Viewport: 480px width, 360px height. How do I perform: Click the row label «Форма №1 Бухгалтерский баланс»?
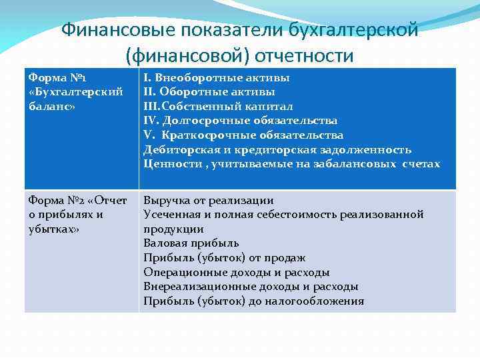[75, 91]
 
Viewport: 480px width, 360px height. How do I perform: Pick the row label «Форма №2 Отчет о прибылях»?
[77, 214]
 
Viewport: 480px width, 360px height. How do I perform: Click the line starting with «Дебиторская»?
[277, 149]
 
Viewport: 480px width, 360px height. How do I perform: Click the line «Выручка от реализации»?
[208, 200]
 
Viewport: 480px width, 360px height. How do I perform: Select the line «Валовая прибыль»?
[191, 243]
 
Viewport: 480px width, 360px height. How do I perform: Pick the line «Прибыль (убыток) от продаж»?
[225, 257]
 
